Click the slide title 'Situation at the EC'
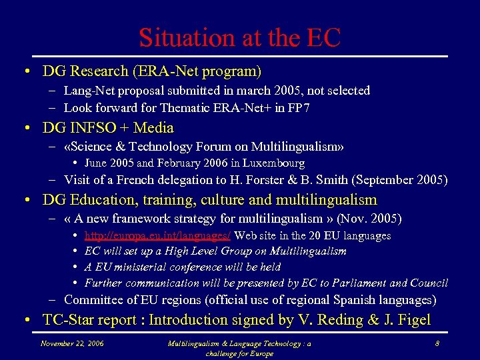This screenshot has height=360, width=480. (239, 37)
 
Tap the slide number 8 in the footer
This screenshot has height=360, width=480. (436, 343)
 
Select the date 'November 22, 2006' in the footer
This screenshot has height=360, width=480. (73, 343)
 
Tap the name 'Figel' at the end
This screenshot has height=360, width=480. (413, 320)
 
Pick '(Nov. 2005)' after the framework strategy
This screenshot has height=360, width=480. (369, 219)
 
